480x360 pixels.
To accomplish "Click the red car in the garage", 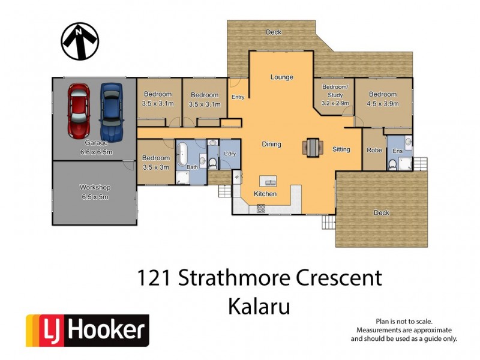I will pyautogui.click(x=79, y=109).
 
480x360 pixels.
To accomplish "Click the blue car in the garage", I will pyautogui.click(x=112, y=109).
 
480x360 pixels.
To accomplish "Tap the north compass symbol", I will pyautogui.click(x=80, y=41).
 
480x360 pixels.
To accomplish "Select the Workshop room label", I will pyautogui.click(x=95, y=188).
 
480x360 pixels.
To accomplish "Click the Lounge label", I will pyautogui.click(x=281, y=77).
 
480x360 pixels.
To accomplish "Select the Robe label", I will pyautogui.click(x=374, y=150).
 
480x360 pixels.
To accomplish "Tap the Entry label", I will pyautogui.click(x=238, y=97).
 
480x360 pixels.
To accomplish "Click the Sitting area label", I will pyautogui.click(x=341, y=149).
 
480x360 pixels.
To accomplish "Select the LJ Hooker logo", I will pyautogui.click(x=87, y=331).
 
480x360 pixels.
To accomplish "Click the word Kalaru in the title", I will pyautogui.click(x=259, y=306).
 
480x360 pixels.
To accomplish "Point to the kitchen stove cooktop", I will pyautogui.click(x=261, y=209).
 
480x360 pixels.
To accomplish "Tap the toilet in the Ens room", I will pyautogui.click(x=393, y=164).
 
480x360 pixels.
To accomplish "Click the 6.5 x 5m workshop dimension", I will pyautogui.click(x=95, y=196).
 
